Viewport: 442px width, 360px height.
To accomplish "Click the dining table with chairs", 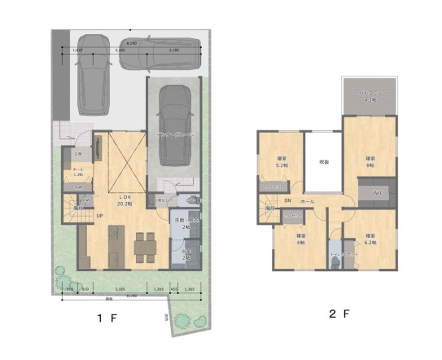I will click(145, 243).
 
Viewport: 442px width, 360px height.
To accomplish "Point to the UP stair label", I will click(99, 215).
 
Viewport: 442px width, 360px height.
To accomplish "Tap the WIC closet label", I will click(378, 192).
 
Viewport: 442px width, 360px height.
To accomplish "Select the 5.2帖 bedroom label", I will click(282, 161).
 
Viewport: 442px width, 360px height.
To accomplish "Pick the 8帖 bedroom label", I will click(370, 161).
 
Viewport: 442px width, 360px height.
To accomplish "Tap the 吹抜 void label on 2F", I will click(324, 162).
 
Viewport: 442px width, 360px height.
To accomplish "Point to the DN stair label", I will click(287, 200).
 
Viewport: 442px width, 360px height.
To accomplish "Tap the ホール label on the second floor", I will click(308, 200).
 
